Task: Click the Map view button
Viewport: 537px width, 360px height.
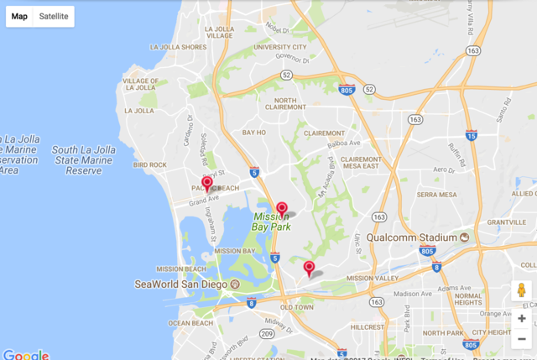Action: tap(19, 16)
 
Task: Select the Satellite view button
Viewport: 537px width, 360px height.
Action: tap(53, 16)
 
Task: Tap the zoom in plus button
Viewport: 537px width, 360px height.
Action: tap(522, 319)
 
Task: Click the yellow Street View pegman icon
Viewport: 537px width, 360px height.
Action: tap(522, 291)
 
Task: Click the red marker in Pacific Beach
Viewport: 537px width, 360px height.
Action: tap(207, 185)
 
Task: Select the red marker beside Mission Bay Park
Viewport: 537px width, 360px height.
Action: tap(282, 209)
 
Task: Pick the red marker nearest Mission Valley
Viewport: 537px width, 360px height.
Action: tap(309, 269)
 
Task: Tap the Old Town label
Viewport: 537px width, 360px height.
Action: tap(297, 308)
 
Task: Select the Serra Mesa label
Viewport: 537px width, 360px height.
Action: tap(435, 195)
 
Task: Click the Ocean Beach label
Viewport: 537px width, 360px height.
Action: tap(191, 323)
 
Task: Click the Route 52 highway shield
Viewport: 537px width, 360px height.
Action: tap(287, 75)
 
